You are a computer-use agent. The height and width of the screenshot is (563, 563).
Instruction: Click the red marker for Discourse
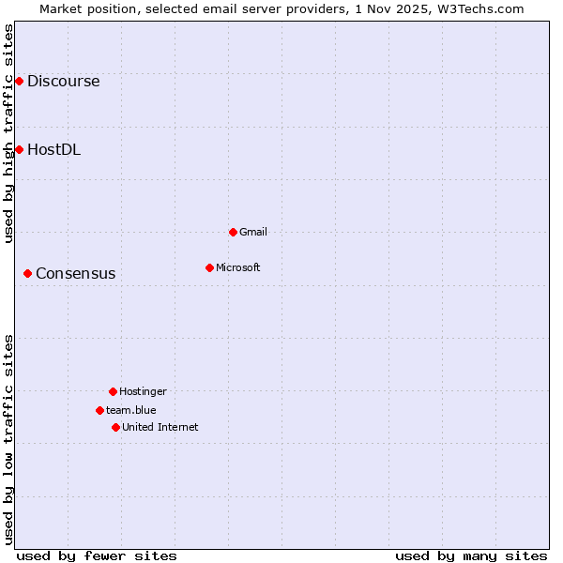[19, 82]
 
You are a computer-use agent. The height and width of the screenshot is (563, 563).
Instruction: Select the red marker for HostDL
[19, 149]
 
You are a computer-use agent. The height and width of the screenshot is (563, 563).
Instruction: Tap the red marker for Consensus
[28, 273]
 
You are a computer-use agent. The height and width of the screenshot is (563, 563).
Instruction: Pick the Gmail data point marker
[233, 232]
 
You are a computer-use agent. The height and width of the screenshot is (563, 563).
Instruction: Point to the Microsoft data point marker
[209, 267]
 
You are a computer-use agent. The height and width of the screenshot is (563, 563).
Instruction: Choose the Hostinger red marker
[113, 391]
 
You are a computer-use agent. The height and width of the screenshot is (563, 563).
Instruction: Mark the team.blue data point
[99, 410]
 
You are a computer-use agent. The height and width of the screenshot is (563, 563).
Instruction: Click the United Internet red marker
[115, 427]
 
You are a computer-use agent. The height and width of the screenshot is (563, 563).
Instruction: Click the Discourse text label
[63, 82]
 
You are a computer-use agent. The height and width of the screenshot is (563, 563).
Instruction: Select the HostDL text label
[53, 149]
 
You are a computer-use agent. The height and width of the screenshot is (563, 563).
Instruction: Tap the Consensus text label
[76, 274]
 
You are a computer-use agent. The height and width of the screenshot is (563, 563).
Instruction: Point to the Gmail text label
[253, 232]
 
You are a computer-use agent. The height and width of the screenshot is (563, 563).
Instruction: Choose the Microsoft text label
[238, 267]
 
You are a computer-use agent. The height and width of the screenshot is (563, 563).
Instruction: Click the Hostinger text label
[143, 391]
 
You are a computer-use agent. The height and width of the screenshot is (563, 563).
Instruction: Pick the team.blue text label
[131, 410]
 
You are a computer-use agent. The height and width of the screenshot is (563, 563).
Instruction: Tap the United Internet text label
[160, 427]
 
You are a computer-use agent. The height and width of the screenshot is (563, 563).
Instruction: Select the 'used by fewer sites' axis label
[97, 555]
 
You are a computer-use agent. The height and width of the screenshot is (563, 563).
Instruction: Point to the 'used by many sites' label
[471, 555]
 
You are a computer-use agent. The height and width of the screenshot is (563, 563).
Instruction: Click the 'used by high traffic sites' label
[8, 133]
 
